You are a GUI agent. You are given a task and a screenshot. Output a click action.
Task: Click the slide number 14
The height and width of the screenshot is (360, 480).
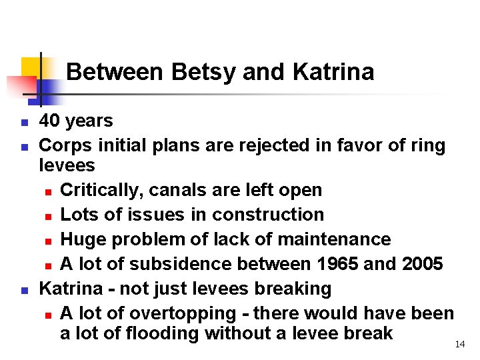(459, 344)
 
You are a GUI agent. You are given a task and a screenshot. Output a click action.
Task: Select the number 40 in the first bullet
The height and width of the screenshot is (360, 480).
(49, 121)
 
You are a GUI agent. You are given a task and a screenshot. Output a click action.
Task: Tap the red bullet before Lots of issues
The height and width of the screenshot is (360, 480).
(50, 216)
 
